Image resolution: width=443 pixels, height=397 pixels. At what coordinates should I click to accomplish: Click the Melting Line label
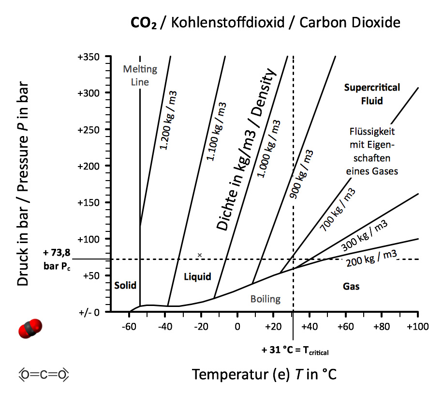click(x=140, y=76)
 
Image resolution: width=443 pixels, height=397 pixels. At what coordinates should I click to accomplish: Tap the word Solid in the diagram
click(x=125, y=285)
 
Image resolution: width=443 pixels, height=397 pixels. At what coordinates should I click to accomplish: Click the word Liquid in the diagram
click(x=198, y=276)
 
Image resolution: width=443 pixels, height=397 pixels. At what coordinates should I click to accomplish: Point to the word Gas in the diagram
click(x=351, y=286)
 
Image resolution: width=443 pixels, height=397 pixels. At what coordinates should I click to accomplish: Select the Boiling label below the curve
click(x=266, y=299)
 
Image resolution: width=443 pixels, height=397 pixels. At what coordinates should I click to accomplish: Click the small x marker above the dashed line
click(x=200, y=255)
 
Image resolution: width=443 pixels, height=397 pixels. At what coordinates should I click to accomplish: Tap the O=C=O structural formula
click(x=44, y=374)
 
